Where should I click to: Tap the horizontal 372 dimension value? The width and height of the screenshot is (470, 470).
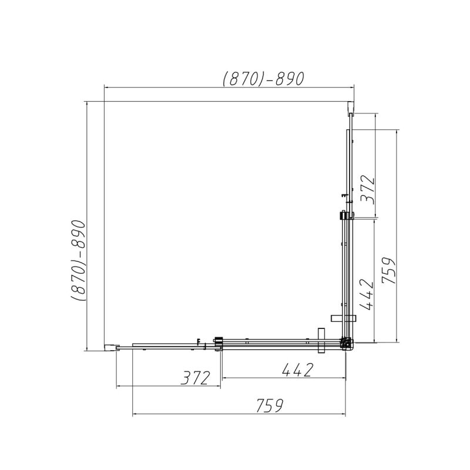coord(196,377)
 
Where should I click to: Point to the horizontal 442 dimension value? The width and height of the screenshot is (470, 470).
coord(289,370)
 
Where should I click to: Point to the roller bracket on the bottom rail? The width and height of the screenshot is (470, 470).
coord(219,343)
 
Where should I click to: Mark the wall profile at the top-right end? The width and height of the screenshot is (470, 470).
coord(351,108)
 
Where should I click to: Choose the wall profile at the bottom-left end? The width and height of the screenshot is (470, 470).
coord(109,347)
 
